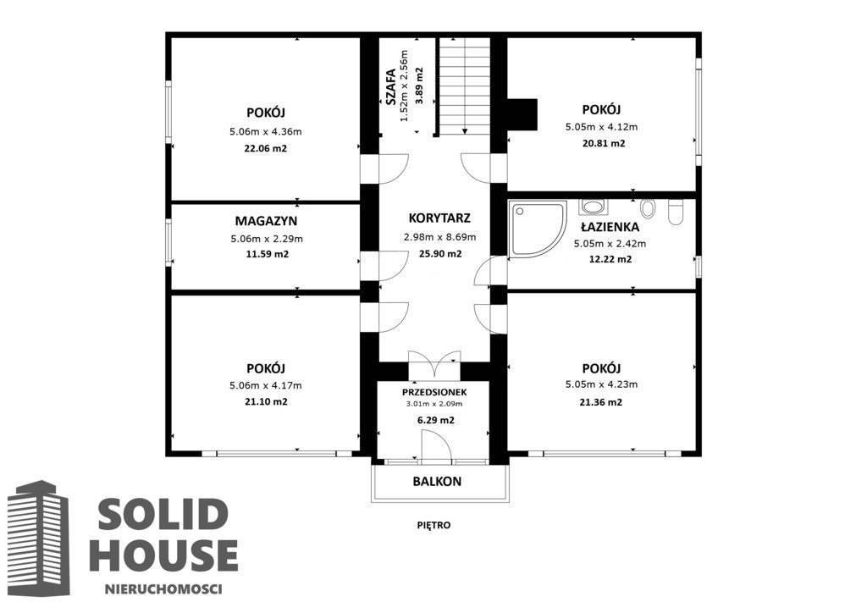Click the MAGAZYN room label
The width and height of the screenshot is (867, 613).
pos(266,221)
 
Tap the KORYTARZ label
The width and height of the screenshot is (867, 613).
pos(439,218)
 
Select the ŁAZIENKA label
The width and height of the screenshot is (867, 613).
pos(610,227)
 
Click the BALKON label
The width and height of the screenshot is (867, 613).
pos(437,482)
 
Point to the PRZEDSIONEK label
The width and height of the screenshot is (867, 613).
pos(434,393)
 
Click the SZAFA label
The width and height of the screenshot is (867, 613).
pos(390,86)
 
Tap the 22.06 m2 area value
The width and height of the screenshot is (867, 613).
pos(265,149)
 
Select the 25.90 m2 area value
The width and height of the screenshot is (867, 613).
pos(440,254)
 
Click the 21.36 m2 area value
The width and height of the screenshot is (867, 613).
pos(600,402)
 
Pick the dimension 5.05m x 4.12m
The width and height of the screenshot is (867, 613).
pos(602,127)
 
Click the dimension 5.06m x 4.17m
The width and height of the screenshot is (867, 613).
pos(266,386)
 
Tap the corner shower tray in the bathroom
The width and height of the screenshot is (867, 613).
pos(538,229)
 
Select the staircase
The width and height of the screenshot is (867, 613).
pos(465,86)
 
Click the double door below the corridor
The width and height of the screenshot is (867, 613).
pos(434,364)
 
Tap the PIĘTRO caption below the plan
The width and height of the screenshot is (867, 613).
pos(434,525)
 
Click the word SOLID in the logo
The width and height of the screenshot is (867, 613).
pos(163,513)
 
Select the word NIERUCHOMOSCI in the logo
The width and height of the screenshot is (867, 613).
pos(163,589)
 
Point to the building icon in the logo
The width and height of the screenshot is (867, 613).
pos(38,538)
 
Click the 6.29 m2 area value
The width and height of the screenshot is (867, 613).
pos(436,420)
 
